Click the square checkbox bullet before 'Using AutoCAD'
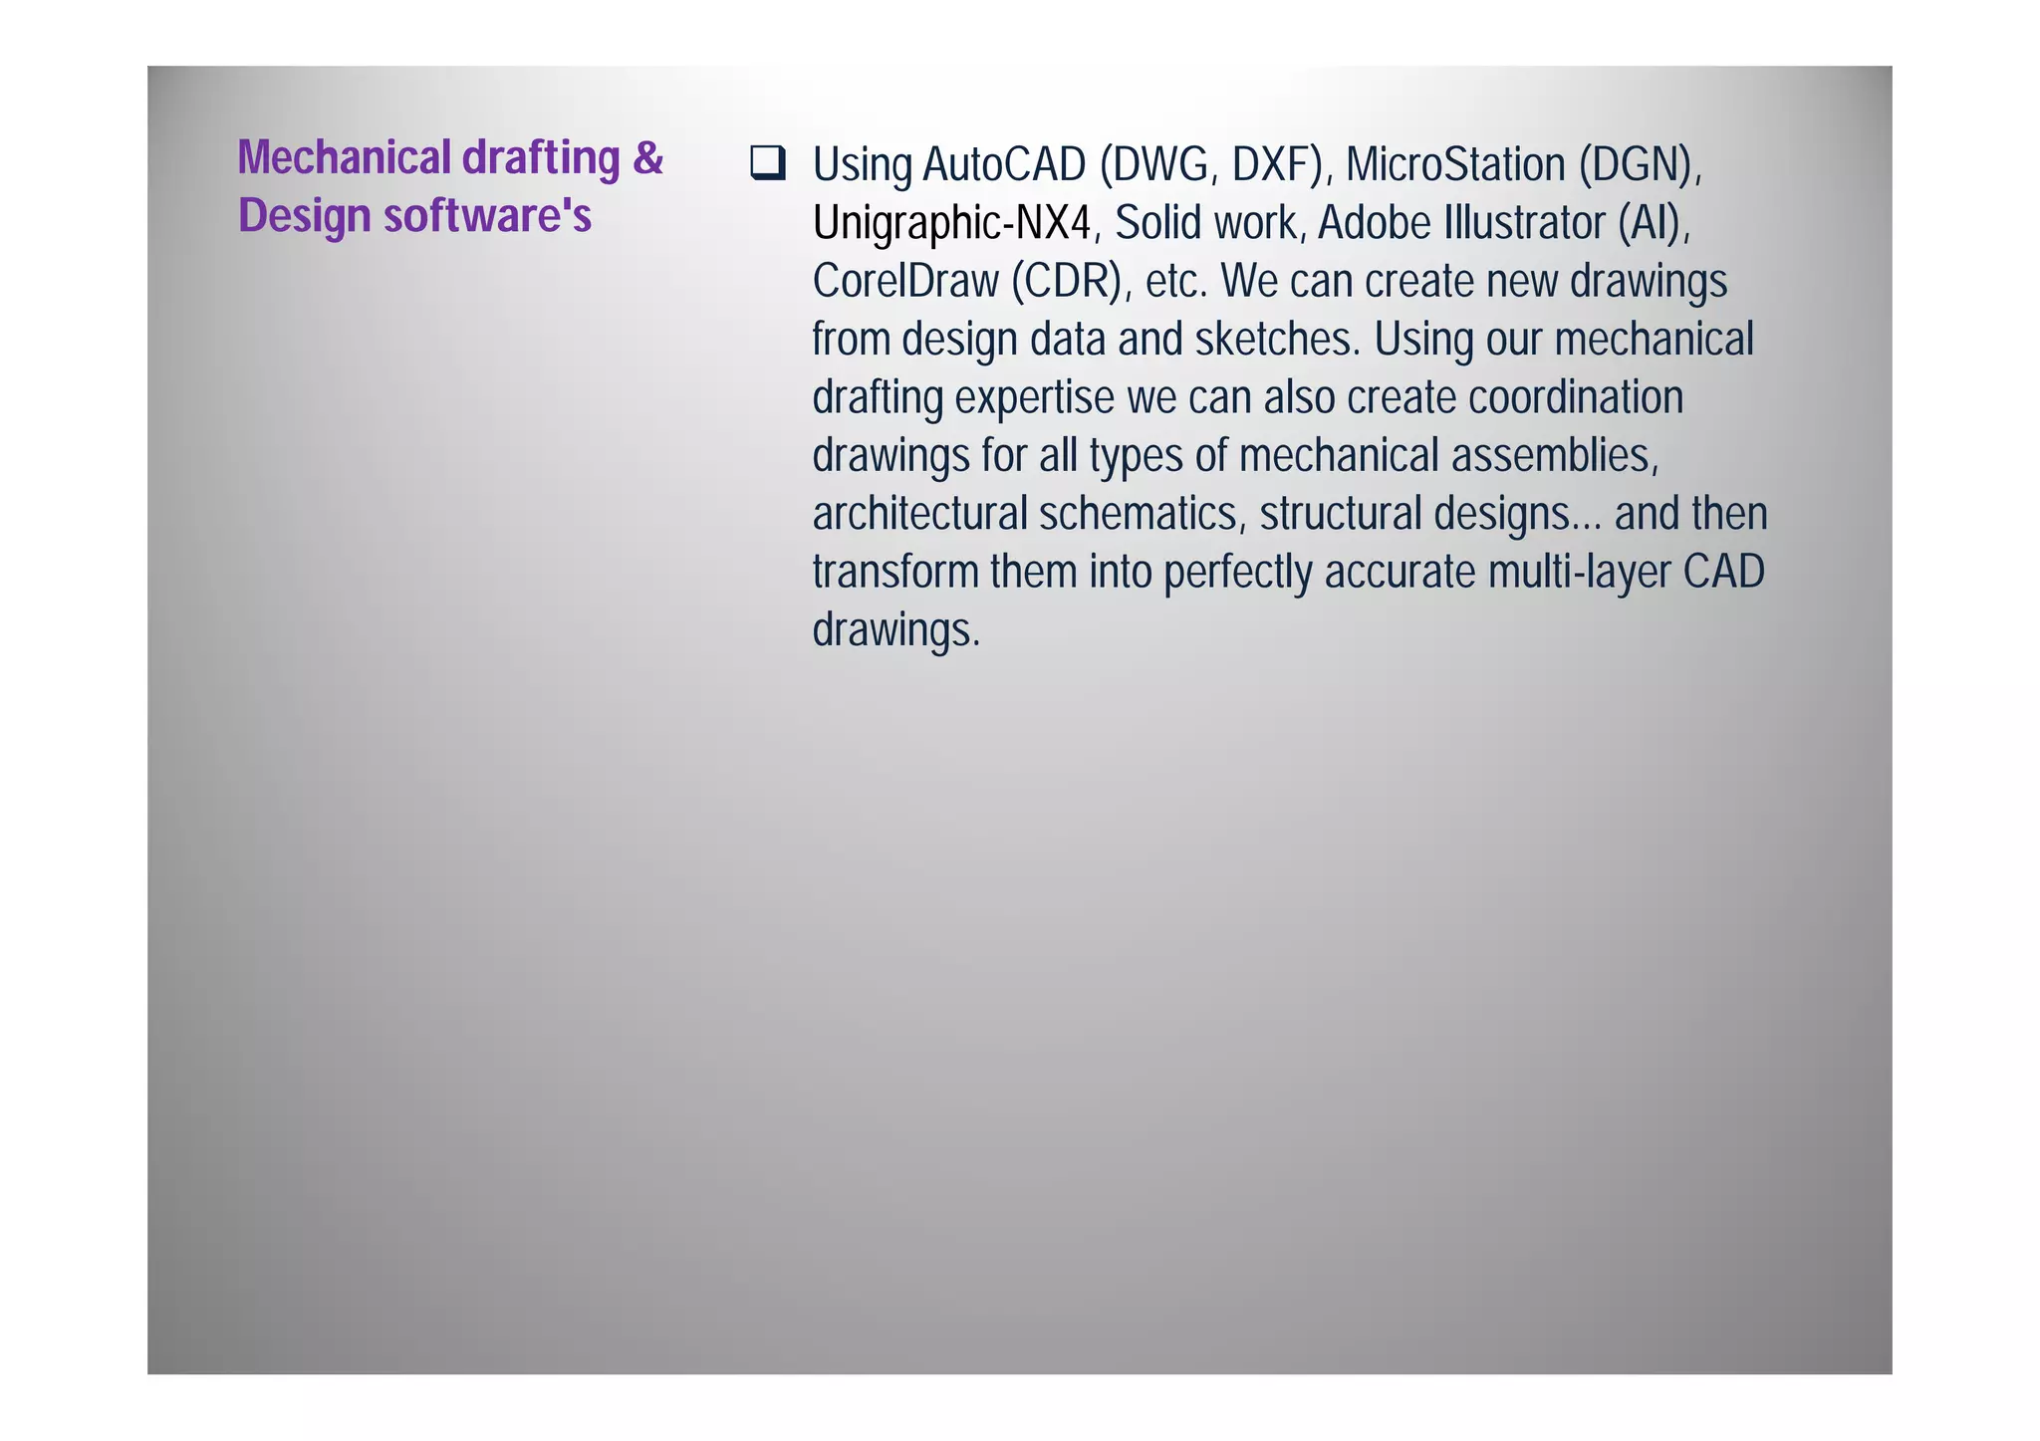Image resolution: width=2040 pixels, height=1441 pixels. point(768,163)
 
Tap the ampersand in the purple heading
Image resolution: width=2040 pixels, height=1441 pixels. point(647,157)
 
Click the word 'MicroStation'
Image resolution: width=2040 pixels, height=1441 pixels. point(1455,165)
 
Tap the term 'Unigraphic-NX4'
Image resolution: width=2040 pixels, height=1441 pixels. point(951,223)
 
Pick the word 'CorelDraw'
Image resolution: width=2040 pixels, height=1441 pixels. point(904,282)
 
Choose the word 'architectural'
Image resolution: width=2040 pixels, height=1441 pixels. point(919,514)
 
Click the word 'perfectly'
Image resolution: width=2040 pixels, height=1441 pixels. point(1237,573)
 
